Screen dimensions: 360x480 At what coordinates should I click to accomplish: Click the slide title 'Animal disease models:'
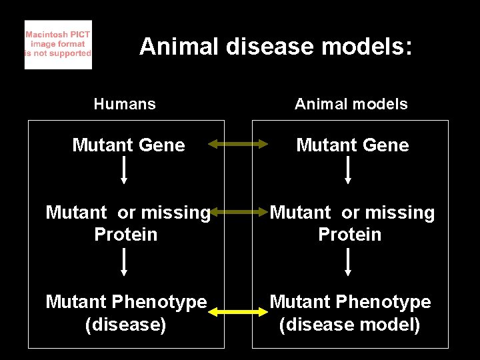click(276, 47)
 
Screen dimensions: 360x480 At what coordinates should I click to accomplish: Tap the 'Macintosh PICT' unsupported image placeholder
click(58, 45)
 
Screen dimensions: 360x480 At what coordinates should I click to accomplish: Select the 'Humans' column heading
click(125, 104)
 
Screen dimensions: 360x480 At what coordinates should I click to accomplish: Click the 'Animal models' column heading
click(351, 104)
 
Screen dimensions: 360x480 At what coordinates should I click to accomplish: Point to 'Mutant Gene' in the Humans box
click(129, 145)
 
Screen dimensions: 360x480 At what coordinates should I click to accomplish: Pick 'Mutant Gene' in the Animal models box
click(353, 145)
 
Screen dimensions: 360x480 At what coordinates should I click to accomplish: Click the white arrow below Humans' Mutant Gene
click(124, 171)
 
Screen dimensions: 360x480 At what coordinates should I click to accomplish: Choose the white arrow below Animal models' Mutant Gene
click(348, 171)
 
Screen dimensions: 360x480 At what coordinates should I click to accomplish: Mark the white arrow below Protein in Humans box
click(124, 262)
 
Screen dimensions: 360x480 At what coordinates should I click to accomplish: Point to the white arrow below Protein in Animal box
click(348, 262)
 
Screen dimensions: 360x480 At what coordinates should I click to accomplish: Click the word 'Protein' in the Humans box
click(126, 235)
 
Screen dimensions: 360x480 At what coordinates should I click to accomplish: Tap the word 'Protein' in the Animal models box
click(350, 235)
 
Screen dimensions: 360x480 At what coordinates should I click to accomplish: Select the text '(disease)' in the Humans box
click(126, 325)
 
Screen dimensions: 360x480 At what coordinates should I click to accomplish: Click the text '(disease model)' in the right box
click(350, 325)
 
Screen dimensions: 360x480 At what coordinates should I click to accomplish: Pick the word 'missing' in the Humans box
click(174, 213)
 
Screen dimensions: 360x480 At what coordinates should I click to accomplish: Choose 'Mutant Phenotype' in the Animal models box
click(350, 302)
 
